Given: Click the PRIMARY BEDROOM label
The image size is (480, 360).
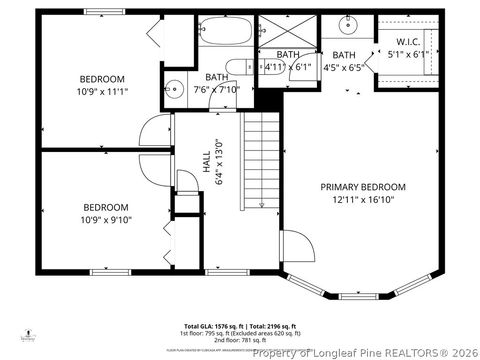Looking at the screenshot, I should coord(363,187).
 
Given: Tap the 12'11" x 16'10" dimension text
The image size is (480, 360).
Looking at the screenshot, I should coord(363,200).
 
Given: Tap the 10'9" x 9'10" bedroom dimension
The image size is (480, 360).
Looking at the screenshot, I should coord(105,220).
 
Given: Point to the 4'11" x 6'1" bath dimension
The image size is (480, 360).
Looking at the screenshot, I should coord(287,67).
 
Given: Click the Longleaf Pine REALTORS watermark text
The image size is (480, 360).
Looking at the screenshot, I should coord(365,352).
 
